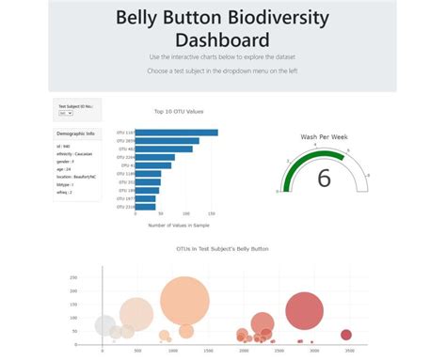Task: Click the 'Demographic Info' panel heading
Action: coord(76,133)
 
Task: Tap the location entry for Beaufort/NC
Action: coord(79,177)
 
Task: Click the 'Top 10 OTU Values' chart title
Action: coord(178,111)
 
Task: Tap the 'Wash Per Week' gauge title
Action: coord(324,137)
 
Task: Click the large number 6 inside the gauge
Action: coord(324,178)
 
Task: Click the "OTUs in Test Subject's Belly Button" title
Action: coord(222,249)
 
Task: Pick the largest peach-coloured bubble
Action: coord(183,301)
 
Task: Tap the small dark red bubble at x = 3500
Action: coord(345,335)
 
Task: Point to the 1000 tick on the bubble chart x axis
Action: coord(172,350)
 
